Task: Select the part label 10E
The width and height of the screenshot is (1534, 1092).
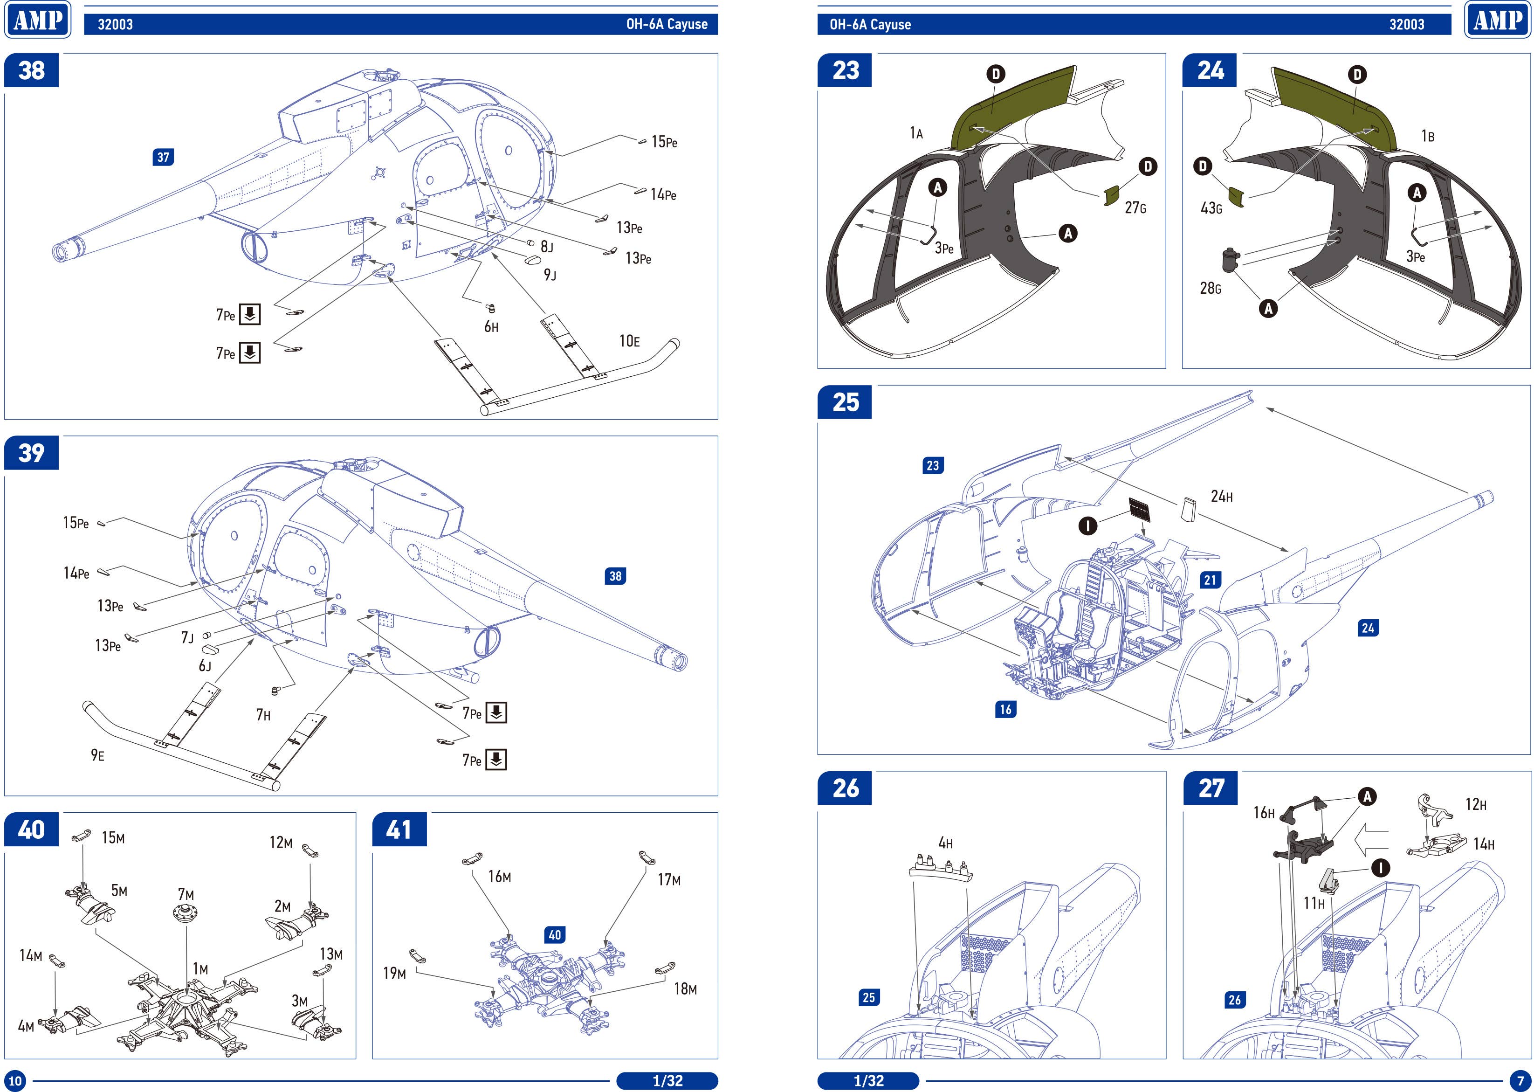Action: [629, 342]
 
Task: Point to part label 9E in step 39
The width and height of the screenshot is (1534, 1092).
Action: [97, 755]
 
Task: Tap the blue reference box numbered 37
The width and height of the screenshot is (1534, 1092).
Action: [163, 157]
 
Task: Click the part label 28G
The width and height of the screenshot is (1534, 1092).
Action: [1210, 289]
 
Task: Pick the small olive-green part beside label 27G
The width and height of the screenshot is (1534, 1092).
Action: [1112, 196]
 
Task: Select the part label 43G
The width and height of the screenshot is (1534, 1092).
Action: [1211, 208]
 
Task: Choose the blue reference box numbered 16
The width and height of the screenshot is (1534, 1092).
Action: [1005, 709]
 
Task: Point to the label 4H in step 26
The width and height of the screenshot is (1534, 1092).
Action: [945, 843]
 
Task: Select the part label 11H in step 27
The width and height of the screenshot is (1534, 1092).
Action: [1314, 903]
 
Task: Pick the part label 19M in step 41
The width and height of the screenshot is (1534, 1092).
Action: [395, 973]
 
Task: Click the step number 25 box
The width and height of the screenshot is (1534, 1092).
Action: [845, 402]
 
